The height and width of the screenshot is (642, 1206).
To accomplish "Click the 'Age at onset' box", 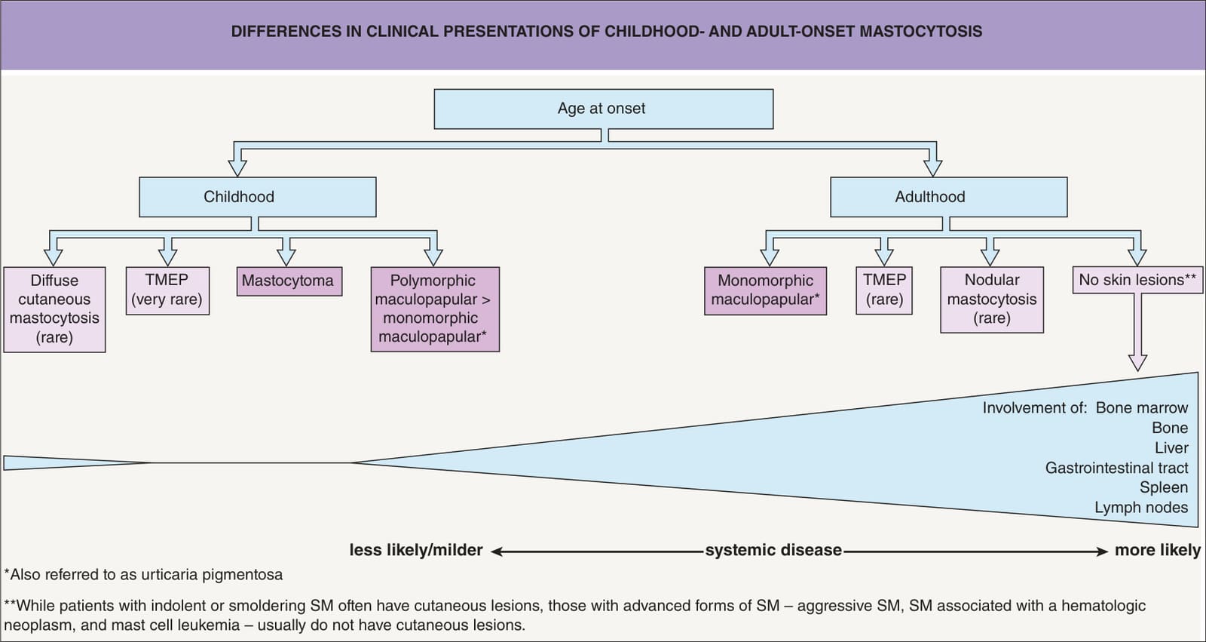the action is coord(604,109).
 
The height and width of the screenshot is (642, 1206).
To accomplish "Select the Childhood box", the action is coord(257,198).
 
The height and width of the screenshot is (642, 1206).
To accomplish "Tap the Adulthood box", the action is coord(949,198).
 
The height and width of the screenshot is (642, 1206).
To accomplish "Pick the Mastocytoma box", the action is coord(289,281).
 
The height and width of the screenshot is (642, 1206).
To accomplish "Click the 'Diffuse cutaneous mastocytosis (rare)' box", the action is coord(54,309).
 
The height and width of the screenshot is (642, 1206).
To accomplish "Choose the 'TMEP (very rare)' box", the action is coord(167,290).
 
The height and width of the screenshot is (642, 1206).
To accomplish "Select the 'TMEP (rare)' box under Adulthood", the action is coord(884,290).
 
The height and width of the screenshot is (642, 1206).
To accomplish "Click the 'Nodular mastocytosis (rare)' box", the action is coord(992,299).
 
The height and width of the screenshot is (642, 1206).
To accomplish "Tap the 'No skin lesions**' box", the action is coord(1137,281).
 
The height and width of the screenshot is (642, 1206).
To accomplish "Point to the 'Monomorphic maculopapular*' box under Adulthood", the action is coord(765,290).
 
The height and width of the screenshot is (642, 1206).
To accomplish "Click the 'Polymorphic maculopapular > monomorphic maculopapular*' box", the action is coord(435,309).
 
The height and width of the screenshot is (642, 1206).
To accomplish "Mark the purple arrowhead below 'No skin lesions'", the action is coord(1137,362).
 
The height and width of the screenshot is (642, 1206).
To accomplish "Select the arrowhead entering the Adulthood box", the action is coord(932,168).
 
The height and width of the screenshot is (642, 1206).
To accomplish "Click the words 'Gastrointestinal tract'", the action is coord(1116,468).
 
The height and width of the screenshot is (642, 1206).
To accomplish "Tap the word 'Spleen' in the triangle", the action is coord(1164,487).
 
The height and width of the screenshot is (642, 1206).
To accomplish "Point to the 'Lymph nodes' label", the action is coord(1141,507).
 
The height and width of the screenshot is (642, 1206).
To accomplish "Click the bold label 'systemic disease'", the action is coord(773,550).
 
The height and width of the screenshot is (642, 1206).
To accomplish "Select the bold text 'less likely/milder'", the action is coord(415,550).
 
